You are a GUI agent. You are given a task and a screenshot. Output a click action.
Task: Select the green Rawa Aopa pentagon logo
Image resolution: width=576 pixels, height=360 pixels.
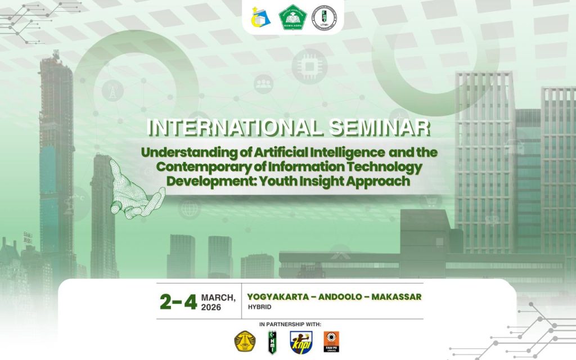pos(292,17)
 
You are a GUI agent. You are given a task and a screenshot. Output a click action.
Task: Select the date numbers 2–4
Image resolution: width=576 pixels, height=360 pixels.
pos(178,302)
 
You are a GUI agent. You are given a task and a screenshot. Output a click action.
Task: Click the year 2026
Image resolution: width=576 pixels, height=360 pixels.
pos(211,308)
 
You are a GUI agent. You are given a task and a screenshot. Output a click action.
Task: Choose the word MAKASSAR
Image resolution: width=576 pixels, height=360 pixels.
pos(397,296)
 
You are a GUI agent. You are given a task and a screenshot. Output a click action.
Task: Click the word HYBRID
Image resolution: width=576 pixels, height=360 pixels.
pos(259,307)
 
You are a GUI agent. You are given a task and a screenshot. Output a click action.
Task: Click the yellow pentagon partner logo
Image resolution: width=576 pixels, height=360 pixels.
pos(245,340)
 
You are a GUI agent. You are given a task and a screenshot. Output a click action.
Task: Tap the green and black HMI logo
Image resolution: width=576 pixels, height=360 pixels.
pos(271,341)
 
